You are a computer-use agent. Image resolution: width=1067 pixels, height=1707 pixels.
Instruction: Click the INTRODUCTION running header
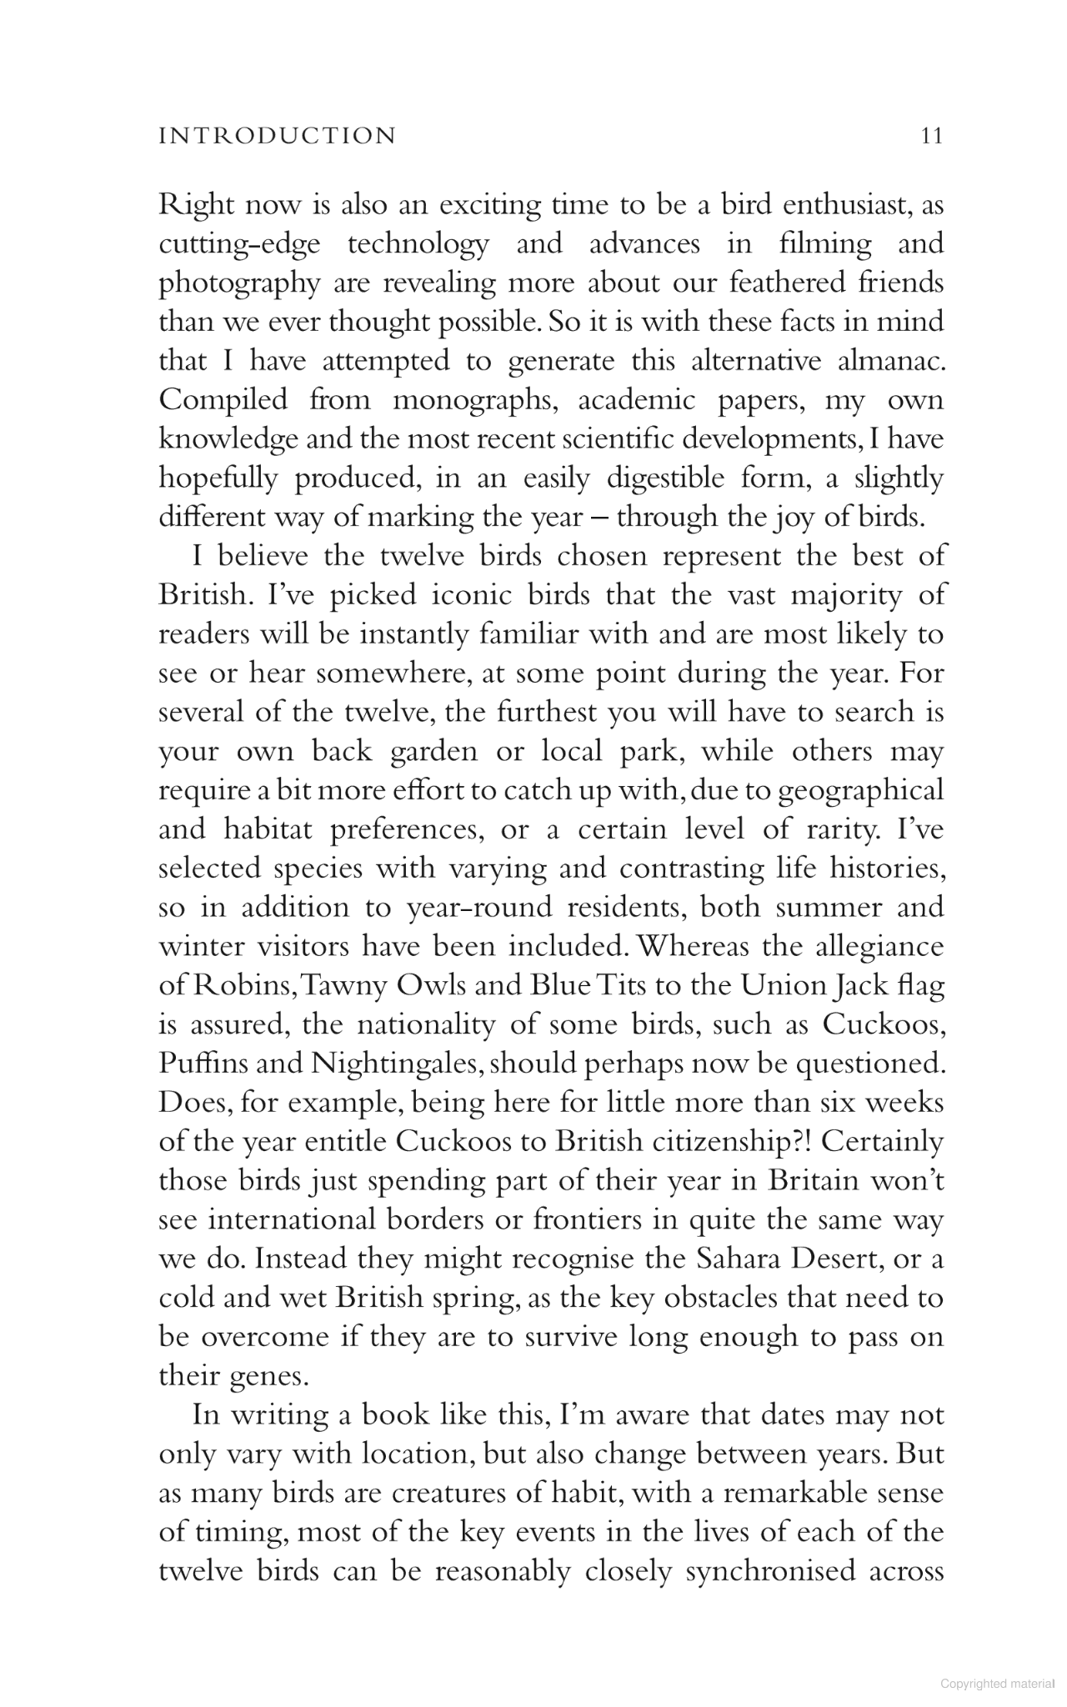[x=278, y=136]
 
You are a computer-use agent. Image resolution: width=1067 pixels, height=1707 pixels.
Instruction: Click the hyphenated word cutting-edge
[x=241, y=244]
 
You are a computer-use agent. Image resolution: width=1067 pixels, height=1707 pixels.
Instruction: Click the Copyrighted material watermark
[x=997, y=1683]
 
